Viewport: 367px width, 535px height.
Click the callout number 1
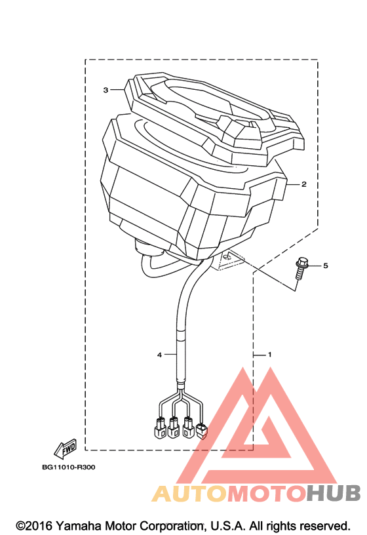click(x=269, y=355)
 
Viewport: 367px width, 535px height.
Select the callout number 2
click(x=304, y=184)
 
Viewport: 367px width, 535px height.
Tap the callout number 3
click(x=106, y=90)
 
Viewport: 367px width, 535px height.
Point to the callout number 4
click(x=159, y=355)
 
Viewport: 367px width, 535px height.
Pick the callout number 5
click(x=326, y=266)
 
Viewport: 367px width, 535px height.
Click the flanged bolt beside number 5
click(x=301, y=269)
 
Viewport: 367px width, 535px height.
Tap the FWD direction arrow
click(x=66, y=449)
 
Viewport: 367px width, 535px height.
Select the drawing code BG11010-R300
click(x=69, y=467)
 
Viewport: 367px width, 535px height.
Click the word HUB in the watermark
click(x=333, y=493)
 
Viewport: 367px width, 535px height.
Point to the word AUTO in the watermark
click(x=189, y=493)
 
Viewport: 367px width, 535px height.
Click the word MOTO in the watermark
click(x=266, y=493)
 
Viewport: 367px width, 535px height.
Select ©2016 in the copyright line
click(x=34, y=526)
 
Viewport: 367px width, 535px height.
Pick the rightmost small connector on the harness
click(x=202, y=431)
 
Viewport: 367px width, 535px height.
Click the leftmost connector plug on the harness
click(x=159, y=427)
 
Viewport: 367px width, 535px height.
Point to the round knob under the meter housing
click(x=148, y=247)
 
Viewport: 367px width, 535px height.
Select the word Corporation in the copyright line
click(x=172, y=526)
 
